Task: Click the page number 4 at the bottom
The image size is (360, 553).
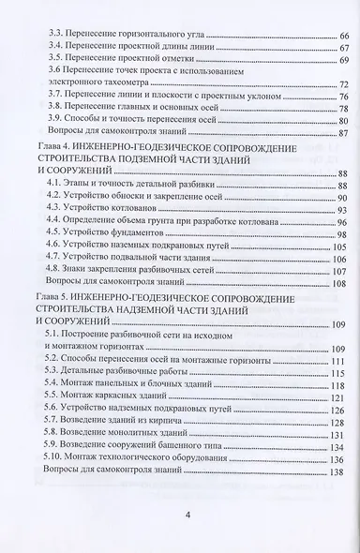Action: click(x=188, y=514)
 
